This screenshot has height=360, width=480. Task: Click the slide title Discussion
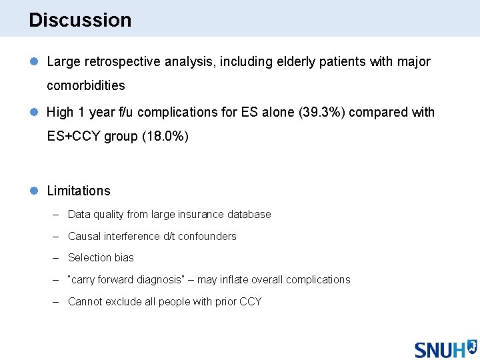[x=80, y=20]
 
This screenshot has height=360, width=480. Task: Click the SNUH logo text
[x=439, y=349]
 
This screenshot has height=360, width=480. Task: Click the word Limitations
[x=79, y=191]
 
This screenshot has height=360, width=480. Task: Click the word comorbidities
[x=85, y=86]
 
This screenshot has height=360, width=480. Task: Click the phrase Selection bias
[x=101, y=258]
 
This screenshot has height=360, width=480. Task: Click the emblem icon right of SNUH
[x=471, y=346]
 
